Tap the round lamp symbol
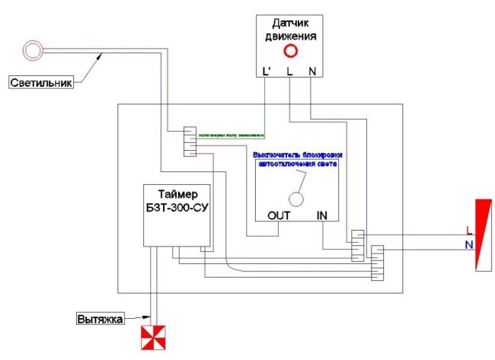click(x=33, y=51)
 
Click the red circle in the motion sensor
click(x=290, y=52)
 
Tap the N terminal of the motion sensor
click(x=312, y=72)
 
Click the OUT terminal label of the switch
click(x=279, y=215)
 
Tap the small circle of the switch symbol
click(x=299, y=197)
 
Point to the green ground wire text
click(x=232, y=136)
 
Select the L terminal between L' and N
click(x=290, y=72)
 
